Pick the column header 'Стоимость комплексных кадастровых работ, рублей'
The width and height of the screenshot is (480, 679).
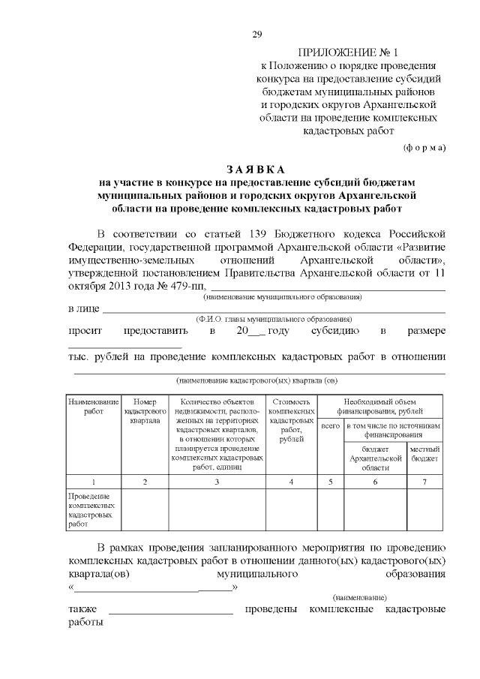click(291, 420)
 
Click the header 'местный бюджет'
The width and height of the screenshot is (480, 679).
click(425, 452)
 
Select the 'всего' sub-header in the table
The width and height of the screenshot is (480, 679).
click(331, 426)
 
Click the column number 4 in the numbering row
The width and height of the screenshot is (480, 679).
click(291, 482)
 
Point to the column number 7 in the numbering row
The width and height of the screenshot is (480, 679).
click(425, 482)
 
